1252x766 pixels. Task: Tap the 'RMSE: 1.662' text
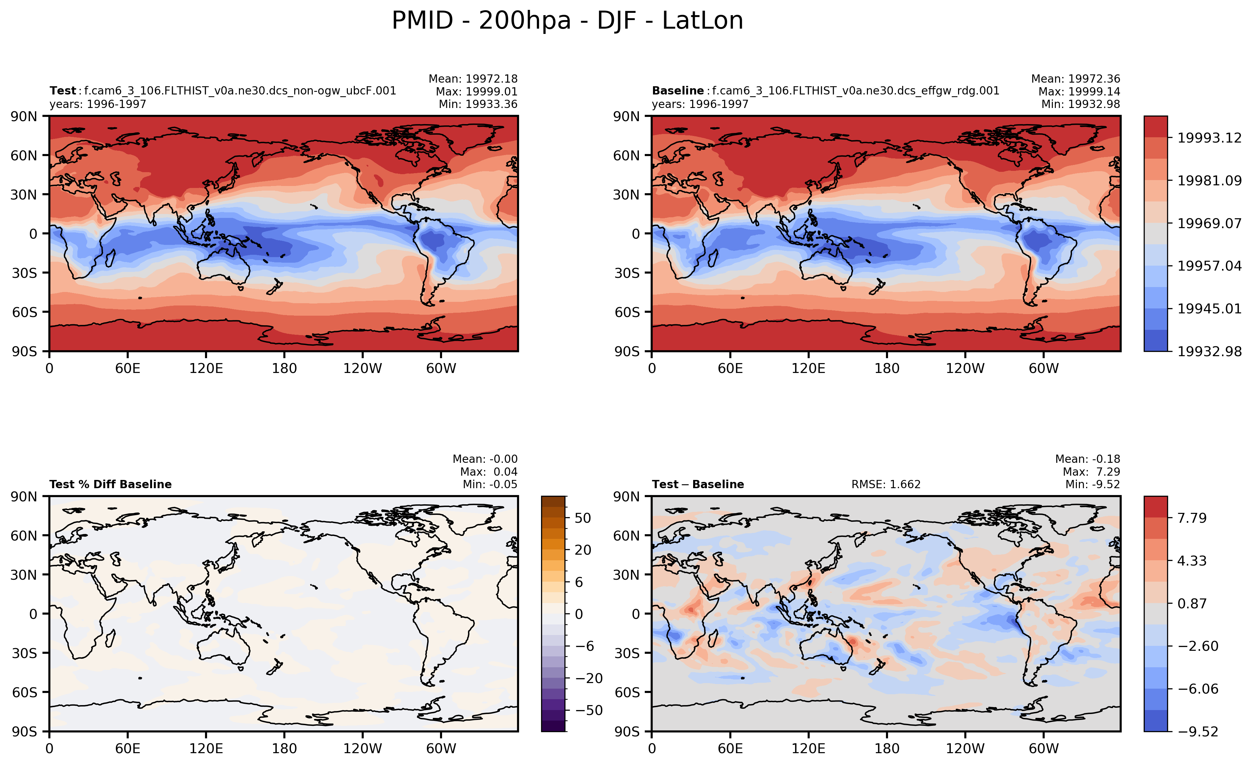coord(886,485)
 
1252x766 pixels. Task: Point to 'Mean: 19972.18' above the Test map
coord(473,79)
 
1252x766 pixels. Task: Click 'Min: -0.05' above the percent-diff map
coord(490,485)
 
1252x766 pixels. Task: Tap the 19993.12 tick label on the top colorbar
coord(1209,138)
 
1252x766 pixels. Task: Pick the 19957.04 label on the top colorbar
coord(1209,266)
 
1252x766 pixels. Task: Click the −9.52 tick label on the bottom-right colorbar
coord(1198,731)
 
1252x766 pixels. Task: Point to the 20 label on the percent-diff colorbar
coord(583,550)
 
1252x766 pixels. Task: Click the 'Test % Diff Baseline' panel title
coord(110,485)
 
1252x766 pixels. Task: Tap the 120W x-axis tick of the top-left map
coord(362,368)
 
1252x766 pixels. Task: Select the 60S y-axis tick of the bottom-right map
coord(627,692)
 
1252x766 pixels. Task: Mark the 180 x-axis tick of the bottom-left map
coord(284,748)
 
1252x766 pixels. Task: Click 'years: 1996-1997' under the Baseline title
coord(700,104)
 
